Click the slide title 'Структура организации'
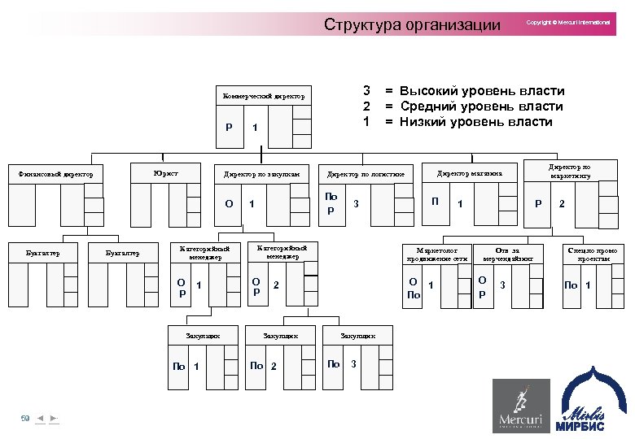click(412, 24)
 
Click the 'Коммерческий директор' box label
click(264, 97)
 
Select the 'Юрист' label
click(165, 172)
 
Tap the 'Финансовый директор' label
click(56, 173)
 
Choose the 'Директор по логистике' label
click(366, 174)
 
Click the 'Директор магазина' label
click(470, 173)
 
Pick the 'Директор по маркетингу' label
click(571, 170)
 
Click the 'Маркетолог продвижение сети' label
click(438, 254)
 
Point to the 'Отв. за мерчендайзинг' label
click(508, 254)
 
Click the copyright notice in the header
click(568, 23)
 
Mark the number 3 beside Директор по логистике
click(356, 203)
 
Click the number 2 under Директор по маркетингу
click(560, 203)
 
